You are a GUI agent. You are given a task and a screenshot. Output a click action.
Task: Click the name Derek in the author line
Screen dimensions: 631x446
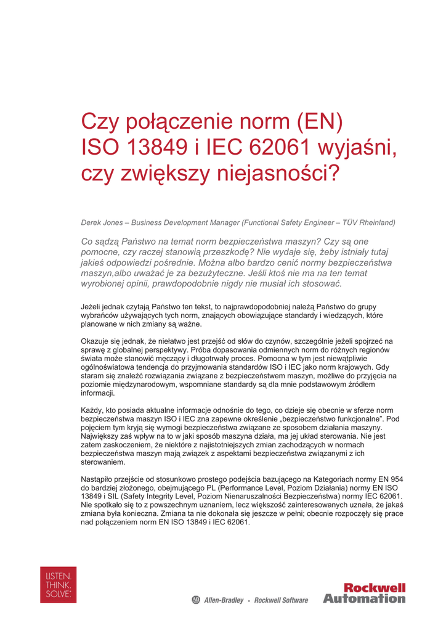(x=92, y=222)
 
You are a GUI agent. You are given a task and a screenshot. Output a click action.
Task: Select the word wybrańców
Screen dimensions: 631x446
(x=101, y=315)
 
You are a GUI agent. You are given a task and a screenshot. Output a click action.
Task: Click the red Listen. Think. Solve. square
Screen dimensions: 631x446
(x=59, y=585)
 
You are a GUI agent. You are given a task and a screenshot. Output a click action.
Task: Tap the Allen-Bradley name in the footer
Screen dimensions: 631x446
(x=223, y=600)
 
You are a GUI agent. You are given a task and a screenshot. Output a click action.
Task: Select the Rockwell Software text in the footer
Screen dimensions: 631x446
(x=281, y=600)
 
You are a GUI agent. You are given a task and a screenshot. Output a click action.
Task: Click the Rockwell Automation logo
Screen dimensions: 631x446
(x=364, y=593)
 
